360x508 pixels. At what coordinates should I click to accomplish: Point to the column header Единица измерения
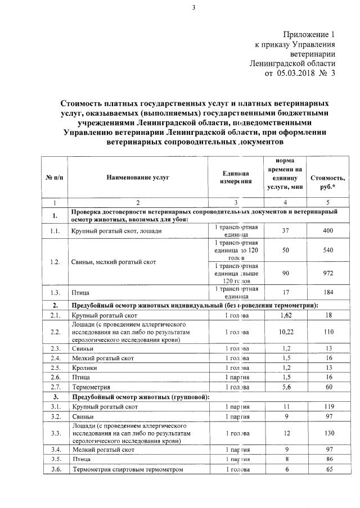(x=236, y=177)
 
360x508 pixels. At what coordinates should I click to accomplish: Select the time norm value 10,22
(x=284, y=333)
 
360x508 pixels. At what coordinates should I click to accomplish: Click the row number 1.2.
(x=55, y=262)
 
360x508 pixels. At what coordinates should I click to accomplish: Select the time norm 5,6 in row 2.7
(x=284, y=387)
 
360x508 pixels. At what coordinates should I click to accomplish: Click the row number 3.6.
(x=55, y=469)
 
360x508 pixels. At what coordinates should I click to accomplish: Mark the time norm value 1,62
(x=284, y=316)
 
